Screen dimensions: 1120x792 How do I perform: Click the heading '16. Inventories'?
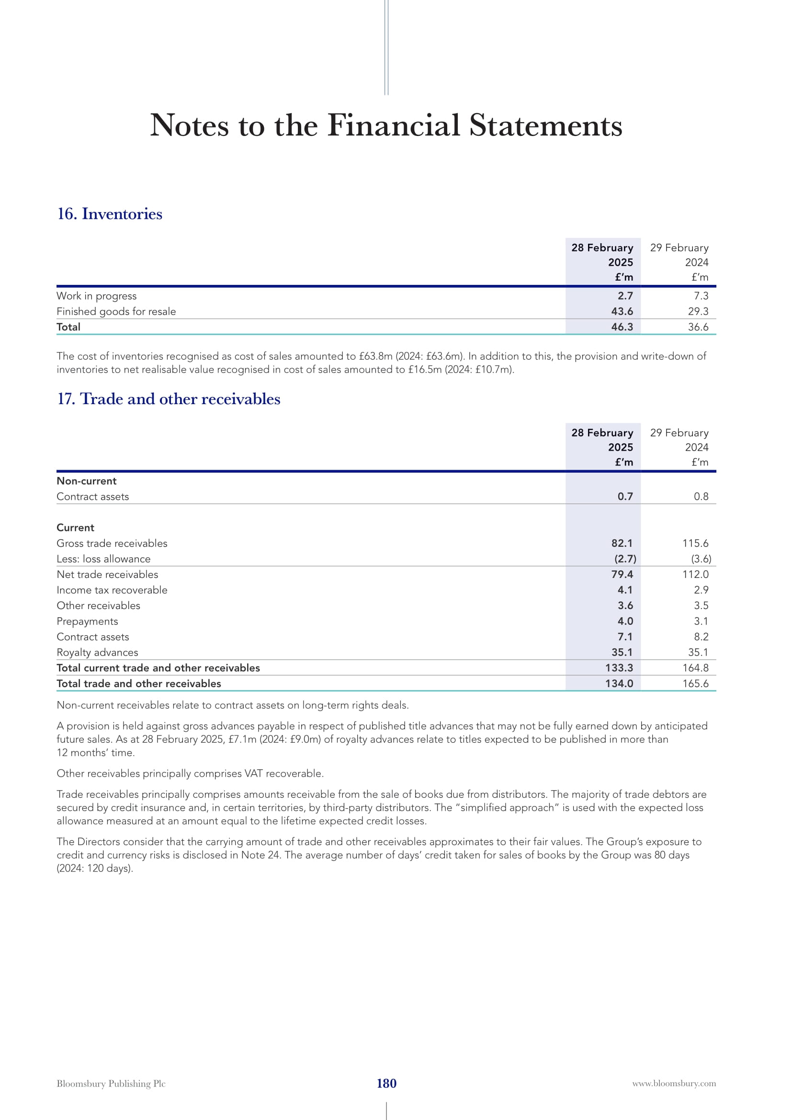pyautogui.click(x=110, y=214)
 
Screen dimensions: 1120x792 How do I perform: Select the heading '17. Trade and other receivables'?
pyautogui.click(x=169, y=398)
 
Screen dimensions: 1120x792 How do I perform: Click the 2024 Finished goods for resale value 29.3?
pyautogui.click(x=698, y=311)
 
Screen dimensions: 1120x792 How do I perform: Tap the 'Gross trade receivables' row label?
pyautogui.click(x=112, y=543)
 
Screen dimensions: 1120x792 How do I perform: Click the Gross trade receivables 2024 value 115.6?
pyautogui.click(x=695, y=543)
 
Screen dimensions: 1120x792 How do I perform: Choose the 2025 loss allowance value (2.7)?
pyautogui.click(x=625, y=558)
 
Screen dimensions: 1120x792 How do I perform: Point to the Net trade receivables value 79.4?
pyautogui.click(x=622, y=574)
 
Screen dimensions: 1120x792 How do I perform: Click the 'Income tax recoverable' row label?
pyautogui.click(x=112, y=590)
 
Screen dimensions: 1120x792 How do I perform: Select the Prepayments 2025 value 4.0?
pyautogui.click(x=625, y=621)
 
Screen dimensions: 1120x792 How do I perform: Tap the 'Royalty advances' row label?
pyautogui.click(x=97, y=652)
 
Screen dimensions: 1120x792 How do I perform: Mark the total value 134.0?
pyautogui.click(x=619, y=683)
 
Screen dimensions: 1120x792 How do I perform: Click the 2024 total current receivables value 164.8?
pyautogui.click(x=695, y=668)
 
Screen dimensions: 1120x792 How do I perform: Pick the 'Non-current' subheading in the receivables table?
pyautogui.click(x=86, y=480)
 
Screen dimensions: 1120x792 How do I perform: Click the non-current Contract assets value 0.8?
pyautogui.click(x=701, y=496)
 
